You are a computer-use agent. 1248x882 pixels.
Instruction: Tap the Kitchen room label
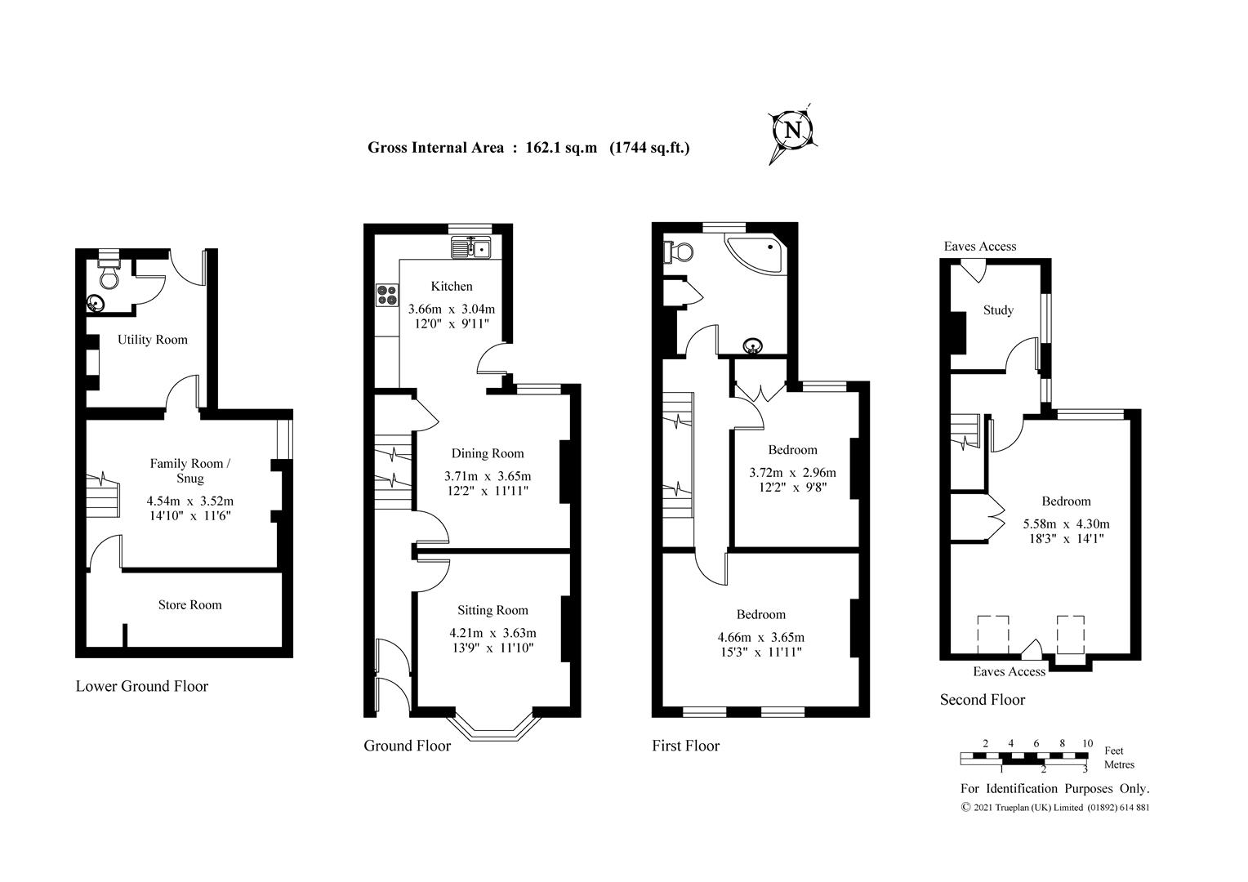(452, 286)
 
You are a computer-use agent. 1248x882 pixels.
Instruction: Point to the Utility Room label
(152, 340)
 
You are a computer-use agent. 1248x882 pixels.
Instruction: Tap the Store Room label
(189, 605)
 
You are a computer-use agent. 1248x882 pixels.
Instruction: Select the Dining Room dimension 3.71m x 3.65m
(487, 476)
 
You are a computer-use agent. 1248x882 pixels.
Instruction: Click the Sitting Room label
(493, 610)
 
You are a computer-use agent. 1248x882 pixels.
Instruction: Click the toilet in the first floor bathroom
(677, 252)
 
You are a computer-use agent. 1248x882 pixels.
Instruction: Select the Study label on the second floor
(998, 310)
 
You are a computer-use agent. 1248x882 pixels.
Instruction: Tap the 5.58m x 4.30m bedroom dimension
(1066, 524)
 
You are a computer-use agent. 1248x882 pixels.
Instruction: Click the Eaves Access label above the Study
(980, 247)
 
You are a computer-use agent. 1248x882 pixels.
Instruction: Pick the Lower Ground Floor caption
(142, 687)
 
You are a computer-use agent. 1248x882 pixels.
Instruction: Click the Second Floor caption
(982, 700)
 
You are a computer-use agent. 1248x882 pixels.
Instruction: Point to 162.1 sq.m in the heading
(562, 148)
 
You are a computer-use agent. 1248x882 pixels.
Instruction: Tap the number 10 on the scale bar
(1087, 743)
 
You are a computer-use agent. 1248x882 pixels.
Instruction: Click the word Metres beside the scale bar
(1119, 765)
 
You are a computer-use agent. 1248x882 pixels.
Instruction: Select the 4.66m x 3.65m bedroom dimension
(760, 637)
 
